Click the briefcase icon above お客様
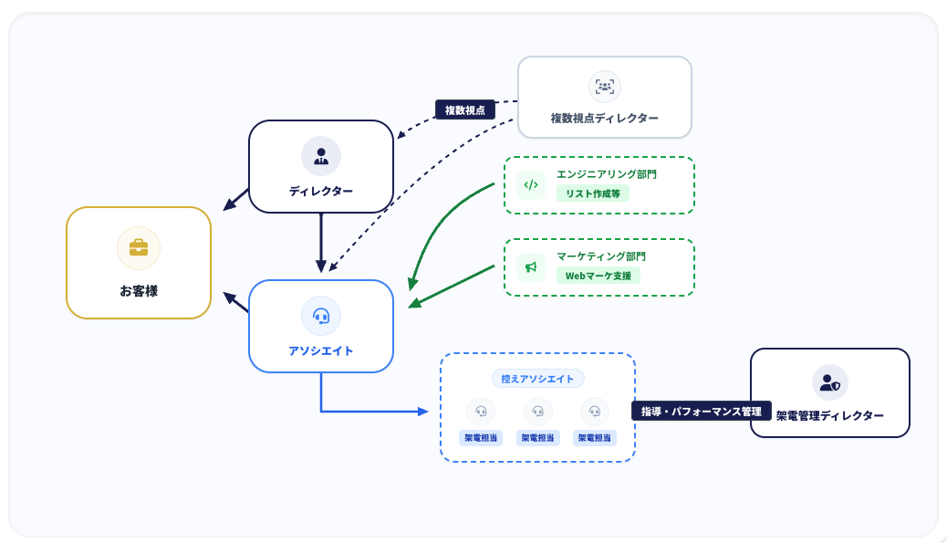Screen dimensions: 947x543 (x=139, y=247)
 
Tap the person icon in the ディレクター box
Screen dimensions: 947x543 (x=321, y=156)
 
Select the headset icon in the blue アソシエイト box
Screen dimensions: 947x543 (x=321, y=316)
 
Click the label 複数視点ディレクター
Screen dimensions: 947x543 (x=605, y=119)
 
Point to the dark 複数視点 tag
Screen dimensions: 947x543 (x=465, y=110)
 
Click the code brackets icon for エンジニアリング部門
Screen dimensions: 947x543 (x=531, y=185)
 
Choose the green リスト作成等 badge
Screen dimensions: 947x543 (x=592, y=193)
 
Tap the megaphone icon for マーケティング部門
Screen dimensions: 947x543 (x=531, y=267)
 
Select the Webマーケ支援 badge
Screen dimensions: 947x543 (x=598, y=276)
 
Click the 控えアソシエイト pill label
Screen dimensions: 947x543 (x=537, y=379)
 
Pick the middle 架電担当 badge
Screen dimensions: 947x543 (x=537, y=438)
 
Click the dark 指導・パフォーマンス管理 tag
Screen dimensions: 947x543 (x=702, y=412)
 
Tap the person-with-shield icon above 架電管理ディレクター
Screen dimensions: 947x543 (x=830, y=382)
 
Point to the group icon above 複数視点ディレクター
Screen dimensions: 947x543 (x=605, y=87)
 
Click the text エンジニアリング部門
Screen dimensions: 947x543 (x=607, y=174)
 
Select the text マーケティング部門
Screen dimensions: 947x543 (x=601, y=256)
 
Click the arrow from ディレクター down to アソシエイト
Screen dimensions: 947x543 (x=321, y=242)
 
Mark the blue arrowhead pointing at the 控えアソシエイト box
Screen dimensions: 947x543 (x=422, y=412)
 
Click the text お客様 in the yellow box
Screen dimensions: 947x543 (x=139, y=291)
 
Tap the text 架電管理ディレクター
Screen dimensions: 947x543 (x=830, y=415)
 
